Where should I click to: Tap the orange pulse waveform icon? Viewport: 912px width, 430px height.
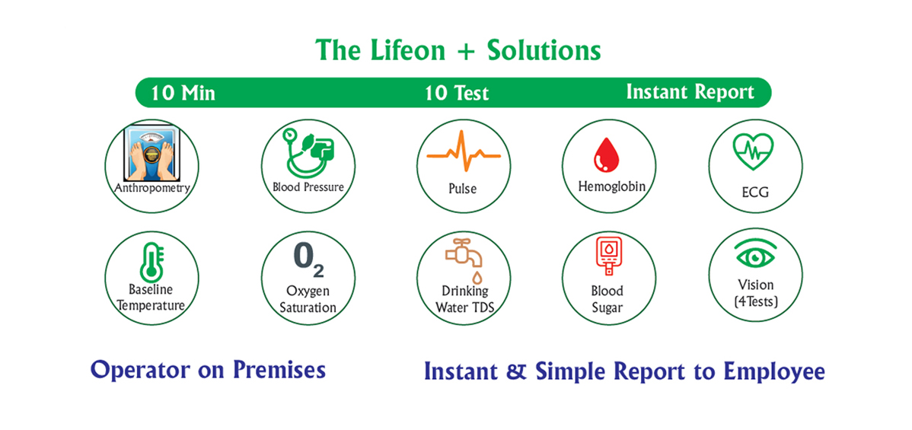(464, 151)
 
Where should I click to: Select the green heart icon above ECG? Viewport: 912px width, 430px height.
(753, 151)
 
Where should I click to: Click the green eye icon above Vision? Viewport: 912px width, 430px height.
(756, 255)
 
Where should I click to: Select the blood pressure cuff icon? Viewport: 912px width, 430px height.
(307, 152)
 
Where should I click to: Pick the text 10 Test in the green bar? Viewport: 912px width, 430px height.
(457, 94)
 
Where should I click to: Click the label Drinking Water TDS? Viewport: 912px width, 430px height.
(464, 298)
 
